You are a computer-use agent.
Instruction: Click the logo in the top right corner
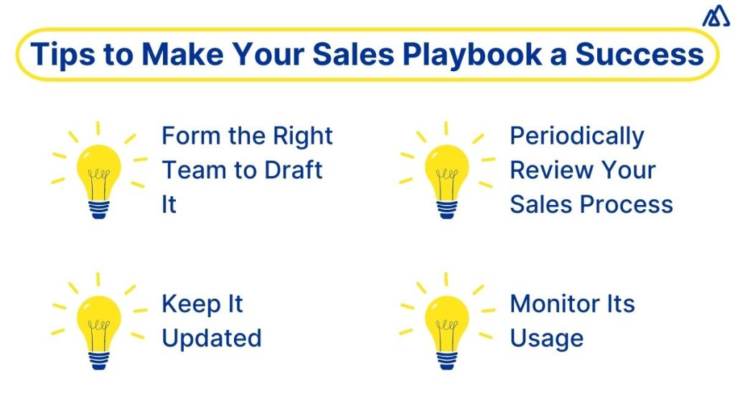(x=716, y=16)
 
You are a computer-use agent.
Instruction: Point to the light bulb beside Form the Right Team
(x=99, y=172)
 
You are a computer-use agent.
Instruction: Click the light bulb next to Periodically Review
(x=446, y=172)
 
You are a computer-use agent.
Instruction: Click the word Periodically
(x=577, y=136)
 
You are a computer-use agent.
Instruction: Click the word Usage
(x=547, y=338)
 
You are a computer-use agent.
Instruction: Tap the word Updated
(x=211, y=338)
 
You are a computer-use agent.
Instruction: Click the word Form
(x=187, y=136)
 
